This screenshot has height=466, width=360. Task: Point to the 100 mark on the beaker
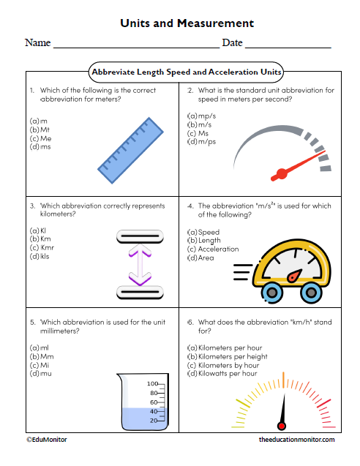coord(153,383)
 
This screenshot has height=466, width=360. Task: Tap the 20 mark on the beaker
coord(154,421)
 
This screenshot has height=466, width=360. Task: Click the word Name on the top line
coord(37,43)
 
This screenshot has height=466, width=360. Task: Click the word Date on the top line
coord(232,43)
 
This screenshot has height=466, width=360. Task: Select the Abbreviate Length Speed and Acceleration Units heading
coord(186,72)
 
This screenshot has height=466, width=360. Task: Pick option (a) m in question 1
coord(38,120)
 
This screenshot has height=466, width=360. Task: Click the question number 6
coord(190,321)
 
